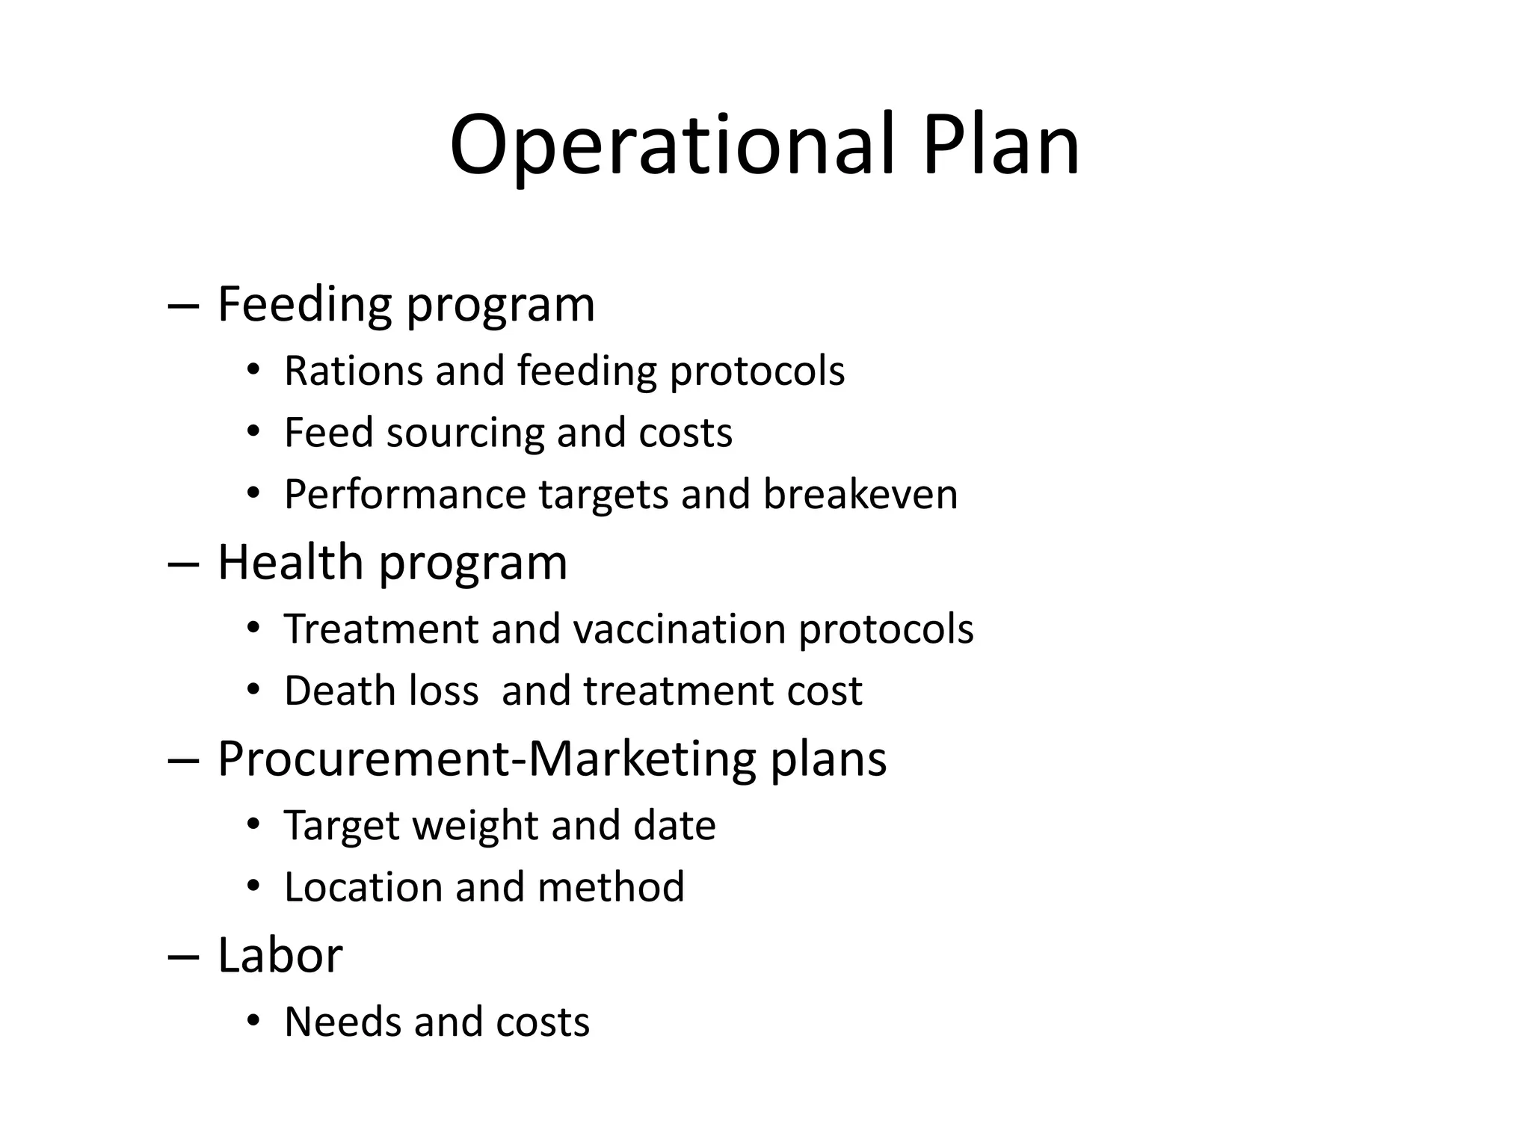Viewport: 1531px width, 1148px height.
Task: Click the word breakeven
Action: tap(860, 494)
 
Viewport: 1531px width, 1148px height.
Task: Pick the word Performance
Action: tap(405, 496)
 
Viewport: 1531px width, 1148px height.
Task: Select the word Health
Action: tap(290, 562)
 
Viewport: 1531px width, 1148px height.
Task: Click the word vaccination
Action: tap(679, 629)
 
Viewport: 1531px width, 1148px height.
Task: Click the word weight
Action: tap(475, 826)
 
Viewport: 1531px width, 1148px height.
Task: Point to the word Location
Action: tap(363, 887)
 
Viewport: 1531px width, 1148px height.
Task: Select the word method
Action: tap(610, 887)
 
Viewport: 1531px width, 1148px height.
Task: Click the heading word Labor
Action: tap(280, 955)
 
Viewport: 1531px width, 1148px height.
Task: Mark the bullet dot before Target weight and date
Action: tap(253, 824)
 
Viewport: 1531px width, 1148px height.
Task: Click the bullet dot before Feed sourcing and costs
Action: tap(253, 431)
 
